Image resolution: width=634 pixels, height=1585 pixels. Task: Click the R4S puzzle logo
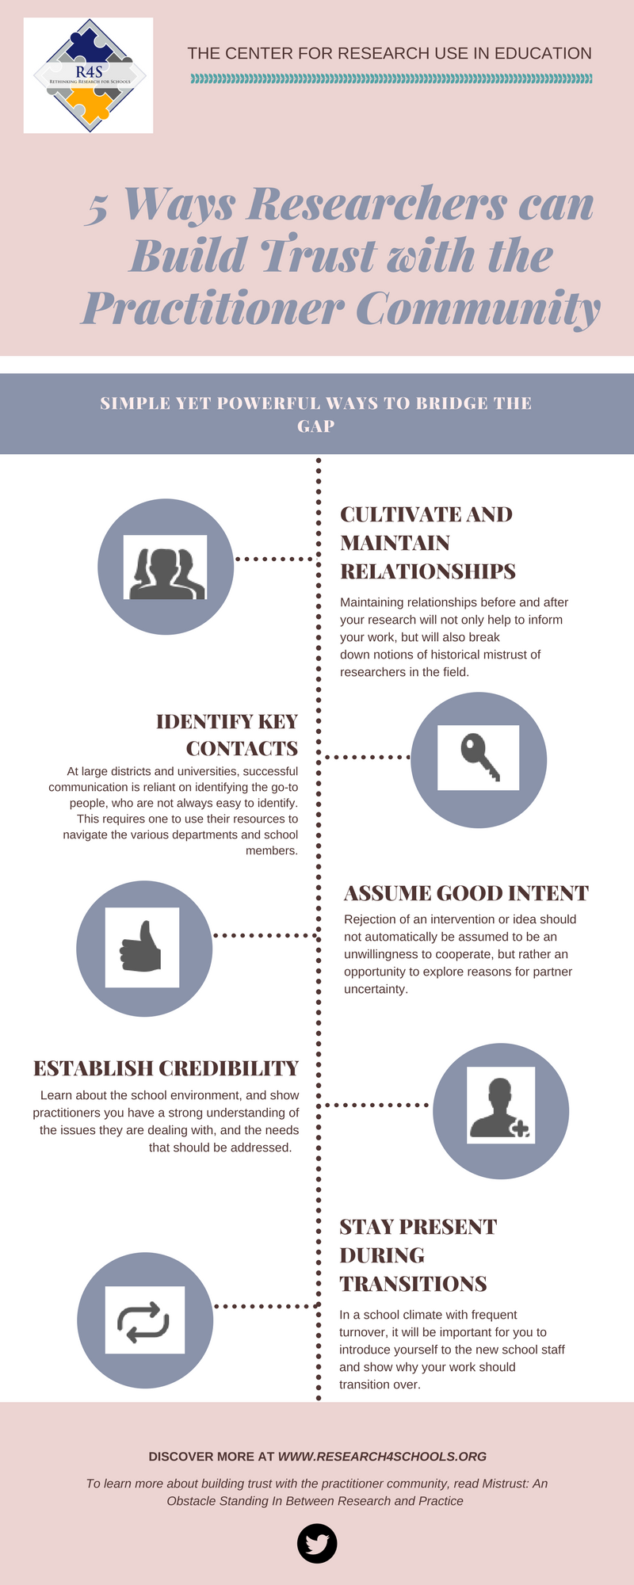point(89,75)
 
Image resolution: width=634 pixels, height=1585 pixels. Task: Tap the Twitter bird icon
point(317,1543)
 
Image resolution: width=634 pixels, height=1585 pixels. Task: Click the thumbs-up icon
point(141,946)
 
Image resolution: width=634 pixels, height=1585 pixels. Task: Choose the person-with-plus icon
point(499,1108)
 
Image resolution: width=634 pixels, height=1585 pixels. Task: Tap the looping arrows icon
point(144,1321)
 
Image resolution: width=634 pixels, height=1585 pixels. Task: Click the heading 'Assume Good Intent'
point(466,893)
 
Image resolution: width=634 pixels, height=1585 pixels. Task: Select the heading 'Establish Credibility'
point(166,1068)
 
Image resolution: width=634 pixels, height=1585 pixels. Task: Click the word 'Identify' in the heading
point(204,721)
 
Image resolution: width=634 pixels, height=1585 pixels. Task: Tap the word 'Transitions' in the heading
point(413,1283)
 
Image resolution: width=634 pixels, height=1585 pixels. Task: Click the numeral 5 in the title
point(97,208)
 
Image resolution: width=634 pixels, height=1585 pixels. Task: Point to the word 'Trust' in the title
point(318,255)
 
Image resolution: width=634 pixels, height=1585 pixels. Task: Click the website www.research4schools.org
point(382,1456)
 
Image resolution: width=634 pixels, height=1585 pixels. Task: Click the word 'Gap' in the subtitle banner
point(316,426)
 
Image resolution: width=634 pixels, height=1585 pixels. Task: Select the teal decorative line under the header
point(391,78)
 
